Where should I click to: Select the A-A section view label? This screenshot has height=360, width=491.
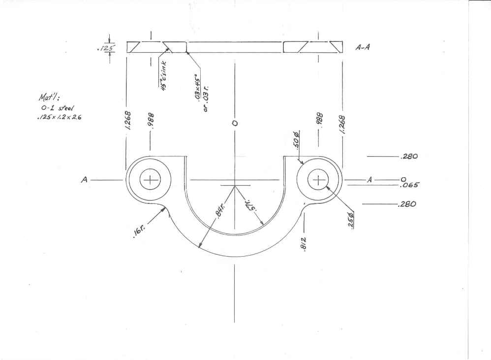click(x=363, y=48)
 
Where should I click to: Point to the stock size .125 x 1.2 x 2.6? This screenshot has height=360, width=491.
click(x=59, y=118)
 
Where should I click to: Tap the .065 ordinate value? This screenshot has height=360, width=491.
click(x=409, y=186)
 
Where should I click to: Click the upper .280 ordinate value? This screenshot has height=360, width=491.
click(x=409, y=157)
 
